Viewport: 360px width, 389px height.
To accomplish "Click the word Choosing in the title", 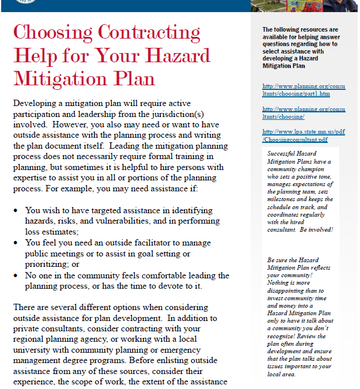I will (52, 32).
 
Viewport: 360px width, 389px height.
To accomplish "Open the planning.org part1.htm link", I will (304, 89).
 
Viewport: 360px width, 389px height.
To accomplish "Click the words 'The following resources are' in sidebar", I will (300, 29).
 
